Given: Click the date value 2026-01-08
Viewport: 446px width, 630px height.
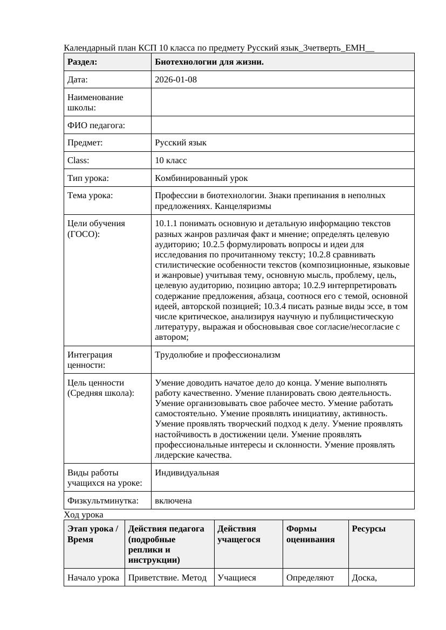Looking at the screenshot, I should tap(176, 80).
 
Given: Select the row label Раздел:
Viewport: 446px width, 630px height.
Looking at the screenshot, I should tap(83, 62).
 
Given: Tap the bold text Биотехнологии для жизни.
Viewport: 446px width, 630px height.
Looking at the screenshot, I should tap(209, 62).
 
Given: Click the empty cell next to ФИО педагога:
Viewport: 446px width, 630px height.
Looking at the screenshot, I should tap(283, 125).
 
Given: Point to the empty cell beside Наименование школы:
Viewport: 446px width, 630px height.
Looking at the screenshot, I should tap(283, 102).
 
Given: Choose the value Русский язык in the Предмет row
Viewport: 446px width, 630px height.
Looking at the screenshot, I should tap(181, 143).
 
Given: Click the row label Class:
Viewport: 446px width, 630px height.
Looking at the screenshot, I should tap(79, 160).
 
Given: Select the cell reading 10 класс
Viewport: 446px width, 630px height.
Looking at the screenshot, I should tap(171, 160).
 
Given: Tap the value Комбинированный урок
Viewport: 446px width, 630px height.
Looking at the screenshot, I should tap(201, 178).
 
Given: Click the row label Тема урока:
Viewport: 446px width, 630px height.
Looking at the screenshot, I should tap(90, 195).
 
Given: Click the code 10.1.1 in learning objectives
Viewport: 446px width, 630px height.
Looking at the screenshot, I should tap(164, 223).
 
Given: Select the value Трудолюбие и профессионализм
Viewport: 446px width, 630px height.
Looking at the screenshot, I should tap(217, 355).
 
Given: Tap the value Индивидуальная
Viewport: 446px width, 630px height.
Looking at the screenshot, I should tap(187, 473).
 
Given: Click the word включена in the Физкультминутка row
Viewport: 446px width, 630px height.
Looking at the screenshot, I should tap(173, 501).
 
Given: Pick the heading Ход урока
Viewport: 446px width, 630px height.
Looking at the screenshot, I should tap(84, 515).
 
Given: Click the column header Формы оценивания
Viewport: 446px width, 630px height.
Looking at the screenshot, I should tap(311, 534).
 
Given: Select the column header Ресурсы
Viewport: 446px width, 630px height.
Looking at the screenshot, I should tap(368, 529).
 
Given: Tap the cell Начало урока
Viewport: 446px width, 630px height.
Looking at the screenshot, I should tap(93, 578).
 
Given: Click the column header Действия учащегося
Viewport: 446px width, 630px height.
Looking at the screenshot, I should tap(239, 534).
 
